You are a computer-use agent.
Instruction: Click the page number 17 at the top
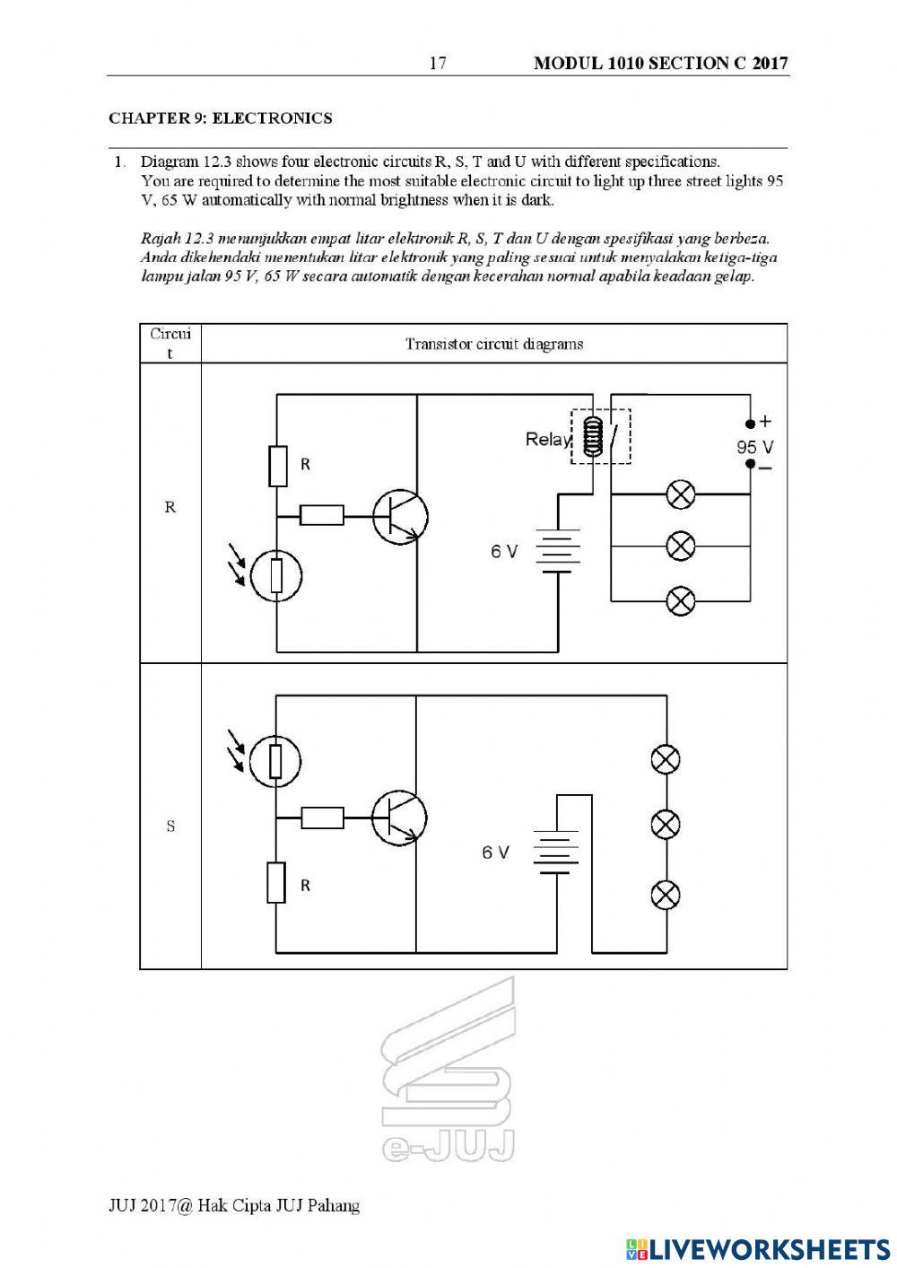(x=438, y=63)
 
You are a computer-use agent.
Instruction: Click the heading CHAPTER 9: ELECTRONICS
(x=220, y=118)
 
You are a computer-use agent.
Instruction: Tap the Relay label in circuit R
(x=547, y=440)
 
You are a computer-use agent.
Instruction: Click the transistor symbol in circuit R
(x=400, y=517)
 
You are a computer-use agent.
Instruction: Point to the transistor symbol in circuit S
(x=399, y=818)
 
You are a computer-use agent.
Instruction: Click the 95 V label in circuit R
(x=754, y=447)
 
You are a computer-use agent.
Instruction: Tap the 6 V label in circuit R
(x=503, y=551)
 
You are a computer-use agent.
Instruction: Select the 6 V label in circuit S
(x=494, y=852)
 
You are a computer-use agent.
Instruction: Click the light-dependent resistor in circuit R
(x=275, y=575)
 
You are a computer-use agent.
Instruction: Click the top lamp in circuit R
(x=681, y=494)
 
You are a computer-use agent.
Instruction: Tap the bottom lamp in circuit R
(x=681, y=600)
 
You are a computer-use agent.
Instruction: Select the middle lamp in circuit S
(x=665, y=824)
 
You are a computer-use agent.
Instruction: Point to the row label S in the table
(x=170, y=826)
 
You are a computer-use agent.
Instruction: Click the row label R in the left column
(x=170, y=507)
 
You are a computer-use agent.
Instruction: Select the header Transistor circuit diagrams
(x=493, y=344)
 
